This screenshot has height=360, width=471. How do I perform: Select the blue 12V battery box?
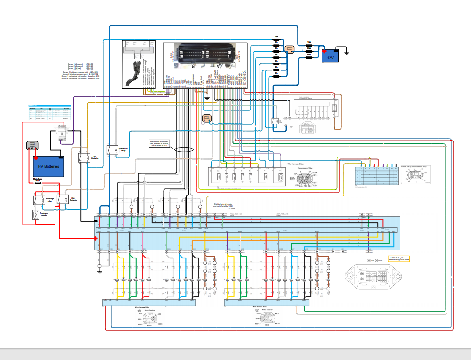tap(330, 56)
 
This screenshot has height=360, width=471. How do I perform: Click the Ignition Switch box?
tap(290, 48)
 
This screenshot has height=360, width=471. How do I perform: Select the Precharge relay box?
tap(39, 199)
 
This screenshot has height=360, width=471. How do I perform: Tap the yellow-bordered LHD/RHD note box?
tap(399, 258)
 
